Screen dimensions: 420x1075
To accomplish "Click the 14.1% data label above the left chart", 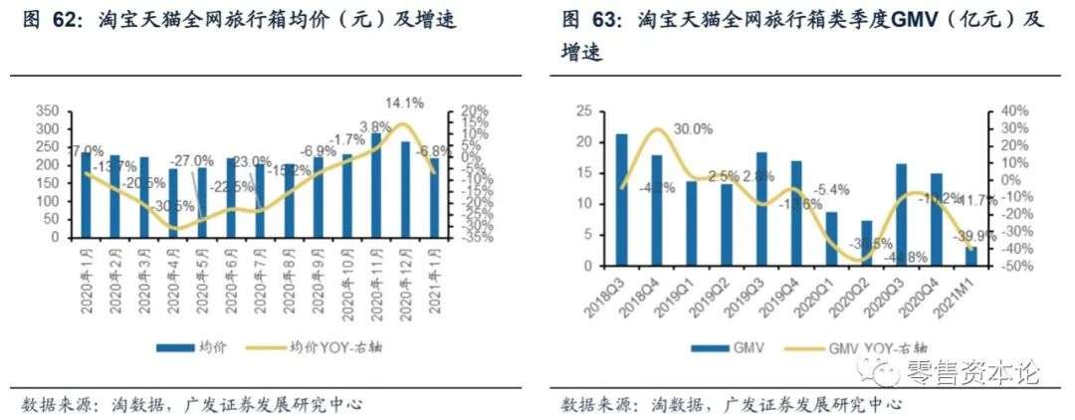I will coord(404,101).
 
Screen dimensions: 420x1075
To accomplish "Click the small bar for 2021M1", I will coord(971,257).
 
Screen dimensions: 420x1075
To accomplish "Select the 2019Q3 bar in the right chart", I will coord(761,209).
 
